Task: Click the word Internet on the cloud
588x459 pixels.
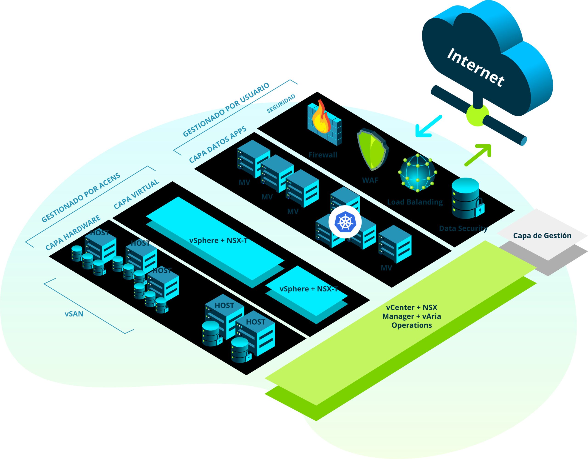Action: (475, 67)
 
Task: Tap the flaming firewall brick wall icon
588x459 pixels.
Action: (324, 123)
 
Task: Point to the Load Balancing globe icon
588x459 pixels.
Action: (417, 173)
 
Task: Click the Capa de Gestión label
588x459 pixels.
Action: (542, 236)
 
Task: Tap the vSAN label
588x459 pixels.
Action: (74, 314)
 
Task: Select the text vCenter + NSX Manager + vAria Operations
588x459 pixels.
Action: (412, 316)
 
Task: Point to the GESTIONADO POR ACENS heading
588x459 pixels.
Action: (81, 198)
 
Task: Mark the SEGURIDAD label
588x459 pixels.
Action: (281, 104)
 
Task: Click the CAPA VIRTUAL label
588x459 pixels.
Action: (136, 194)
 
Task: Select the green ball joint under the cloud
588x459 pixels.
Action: (478, 116)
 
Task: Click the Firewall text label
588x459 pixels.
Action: (322, 155)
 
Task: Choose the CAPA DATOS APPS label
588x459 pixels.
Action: (218, 145)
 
